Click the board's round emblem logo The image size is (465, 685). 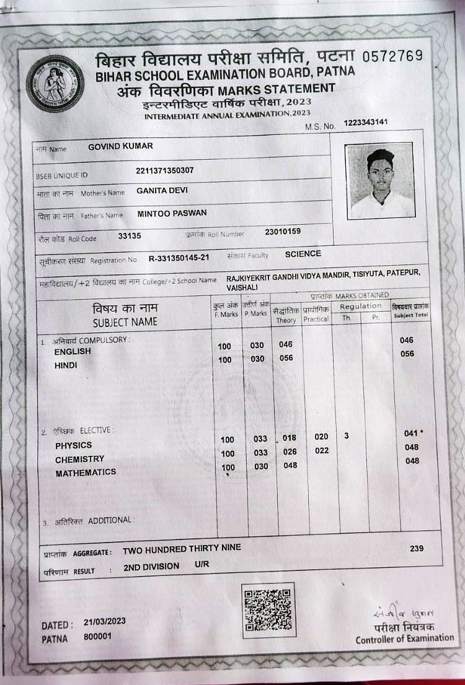pyautogui.click(x=55, y=84)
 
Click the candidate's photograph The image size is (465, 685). pyautogui.click(x=381, y=181)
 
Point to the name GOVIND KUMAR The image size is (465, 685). pyautogui.click(x=120, y=146)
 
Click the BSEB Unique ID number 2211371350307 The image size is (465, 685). pyautogui.click(x=164, y=170)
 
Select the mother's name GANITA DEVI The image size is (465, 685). pyautogui.click(x=162, y=191)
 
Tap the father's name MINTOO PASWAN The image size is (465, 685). pyautogui.click(x=172, y=213)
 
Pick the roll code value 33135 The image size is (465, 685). pyautogui.click(x=130, y=235)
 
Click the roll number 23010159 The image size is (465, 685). pyautogui.click(x=283, y=232)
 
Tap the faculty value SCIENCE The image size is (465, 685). pyautogui.click(x=303, y=253)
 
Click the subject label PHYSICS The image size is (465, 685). pyautogui.click(x=73, y=445)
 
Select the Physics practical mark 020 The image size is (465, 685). pyautogui.click(x=321, y=437)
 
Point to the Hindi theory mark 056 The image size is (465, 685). pyautogui.click(x=286, y=358)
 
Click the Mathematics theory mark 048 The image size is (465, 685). pyautogui.click(x=290, y=465)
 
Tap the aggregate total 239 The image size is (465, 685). pyautogui.click(x=417, y=548)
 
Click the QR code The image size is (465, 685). pyautogui.click(x=268, y=610)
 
